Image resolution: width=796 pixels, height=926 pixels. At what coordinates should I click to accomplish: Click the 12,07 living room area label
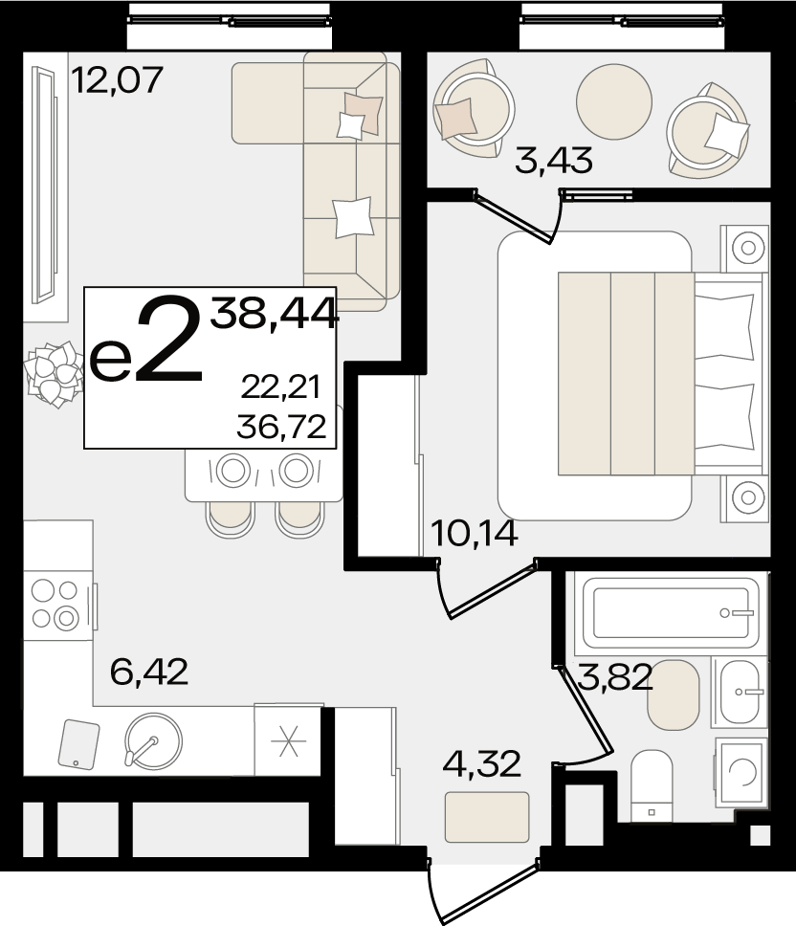pyautogui.click(x=117, y=80)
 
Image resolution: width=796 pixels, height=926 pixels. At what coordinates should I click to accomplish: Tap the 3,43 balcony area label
pyautogui.click(x=554, y=160)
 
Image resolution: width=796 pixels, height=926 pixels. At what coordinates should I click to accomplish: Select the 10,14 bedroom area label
pyautogui.click(x=475, y=533)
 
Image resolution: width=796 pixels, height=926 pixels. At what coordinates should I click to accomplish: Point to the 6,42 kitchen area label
pyautogui.click(x=149, y=672)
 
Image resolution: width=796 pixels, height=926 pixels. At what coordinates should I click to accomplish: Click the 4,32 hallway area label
pyautogui.click(x=482, y=763)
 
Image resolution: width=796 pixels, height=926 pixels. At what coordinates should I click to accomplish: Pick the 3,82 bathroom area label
pyautogui.click(x=615, y=676)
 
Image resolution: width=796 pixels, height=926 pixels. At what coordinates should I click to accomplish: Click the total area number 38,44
pyautogui.click(x=275, y=313)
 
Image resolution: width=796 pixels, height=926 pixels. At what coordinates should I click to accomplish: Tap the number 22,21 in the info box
pyautogui.click(x=280, y=387)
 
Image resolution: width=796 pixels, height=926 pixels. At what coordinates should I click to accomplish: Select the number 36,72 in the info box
pyautogui.click(x=281, y=427)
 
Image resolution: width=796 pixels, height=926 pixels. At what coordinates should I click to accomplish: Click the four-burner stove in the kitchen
pyautogui.click(x=58, y=605)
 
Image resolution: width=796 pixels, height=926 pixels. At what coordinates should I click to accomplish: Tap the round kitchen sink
pyautogui.click(x=153, y=741)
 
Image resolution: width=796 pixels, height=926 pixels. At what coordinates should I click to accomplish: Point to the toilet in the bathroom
pyautogui.click(x=652, y=785)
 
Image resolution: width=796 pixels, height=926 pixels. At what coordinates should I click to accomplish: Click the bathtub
pyautogui.click(x=671, y=613)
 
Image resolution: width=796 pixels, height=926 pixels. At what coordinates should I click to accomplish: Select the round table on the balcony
pyautogui.click(x=614, y=101)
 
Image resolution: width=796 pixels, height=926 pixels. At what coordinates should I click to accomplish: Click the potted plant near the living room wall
pyautogui.click(x=54, y=374)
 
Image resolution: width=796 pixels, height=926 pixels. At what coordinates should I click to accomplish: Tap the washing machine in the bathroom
pyautogui.click(x=741, y=772)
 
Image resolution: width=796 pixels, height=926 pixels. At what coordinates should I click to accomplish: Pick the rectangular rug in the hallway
pyautogui.click(x=487, y=817)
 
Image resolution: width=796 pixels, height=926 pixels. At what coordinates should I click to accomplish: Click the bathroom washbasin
pyautogui.click(x=741, y=692)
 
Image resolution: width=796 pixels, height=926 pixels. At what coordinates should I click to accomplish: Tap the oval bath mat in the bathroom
pyautogui.click(x=674, y=695)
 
